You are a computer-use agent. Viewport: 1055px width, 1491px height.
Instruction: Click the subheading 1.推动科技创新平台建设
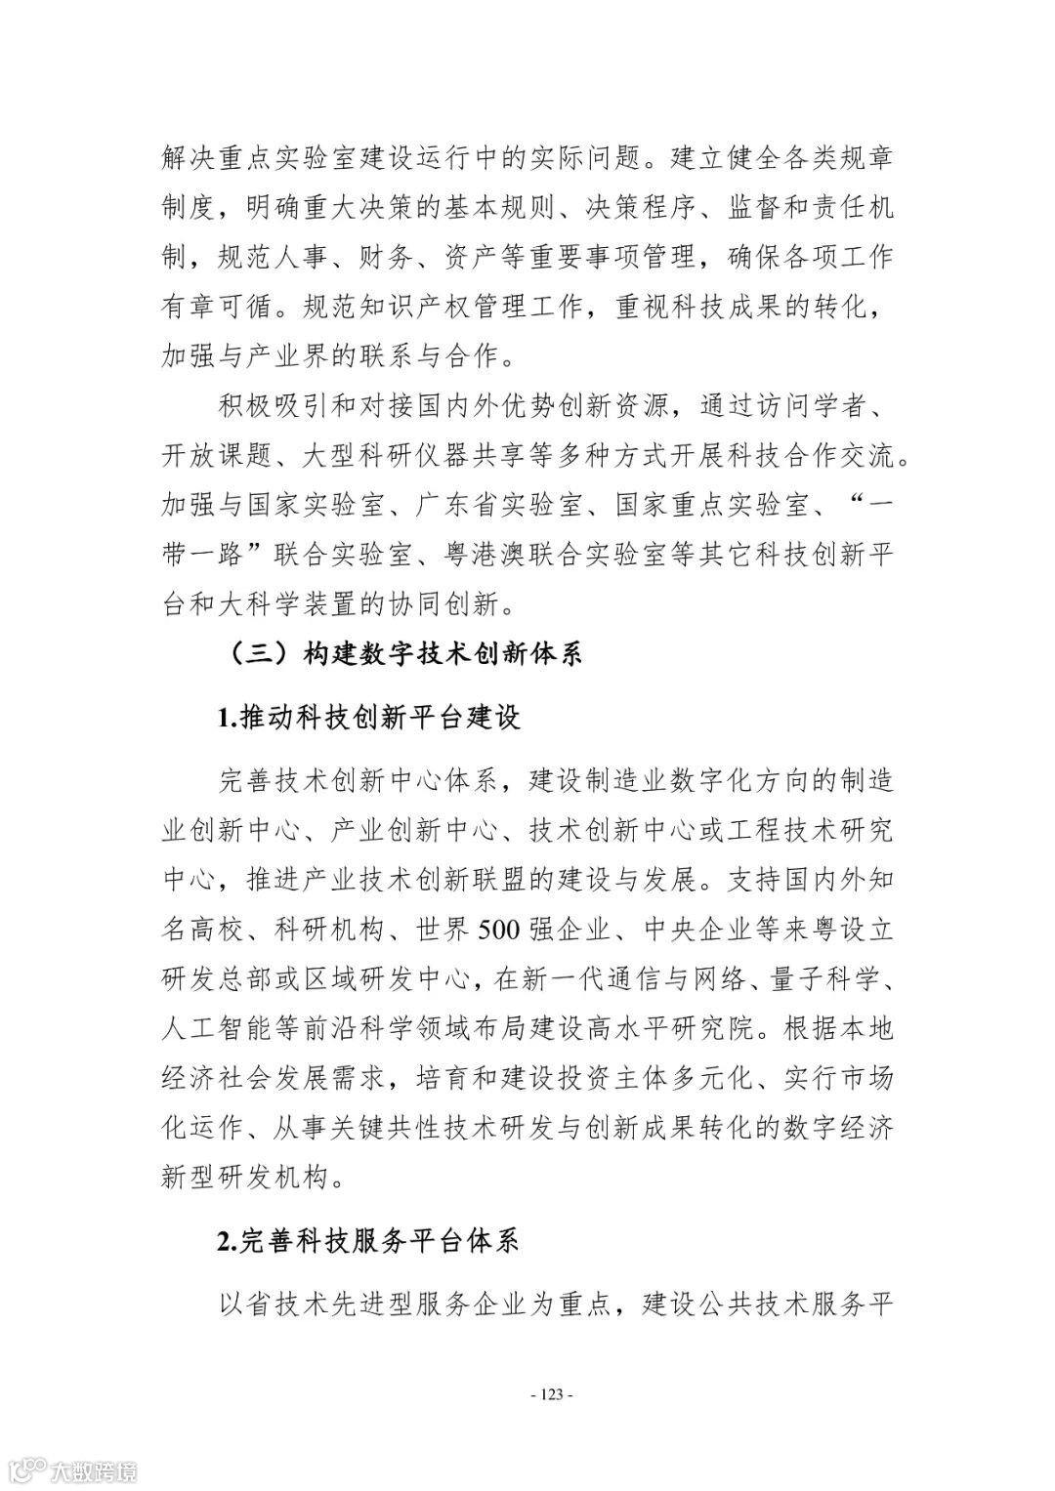click(368, 718)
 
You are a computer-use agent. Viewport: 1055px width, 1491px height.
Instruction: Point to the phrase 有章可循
click(210, 307)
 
